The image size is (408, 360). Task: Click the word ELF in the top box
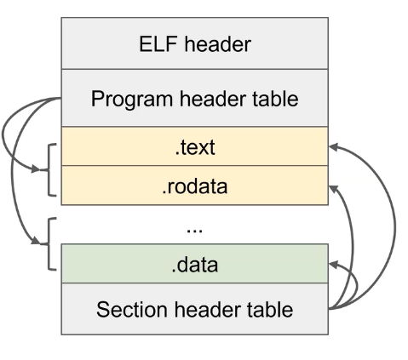pos(158,45)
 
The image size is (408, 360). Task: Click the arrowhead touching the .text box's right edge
pos(334,146)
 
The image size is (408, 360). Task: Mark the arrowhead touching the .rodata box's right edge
pos(334,186)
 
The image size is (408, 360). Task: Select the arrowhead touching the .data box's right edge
pos(334,265)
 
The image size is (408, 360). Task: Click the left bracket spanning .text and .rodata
pos(50,167)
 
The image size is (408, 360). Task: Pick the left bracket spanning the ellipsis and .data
pos(50,245)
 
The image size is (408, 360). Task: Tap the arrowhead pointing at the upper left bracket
pos(43,169)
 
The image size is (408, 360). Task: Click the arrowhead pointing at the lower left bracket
pos(43,244)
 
